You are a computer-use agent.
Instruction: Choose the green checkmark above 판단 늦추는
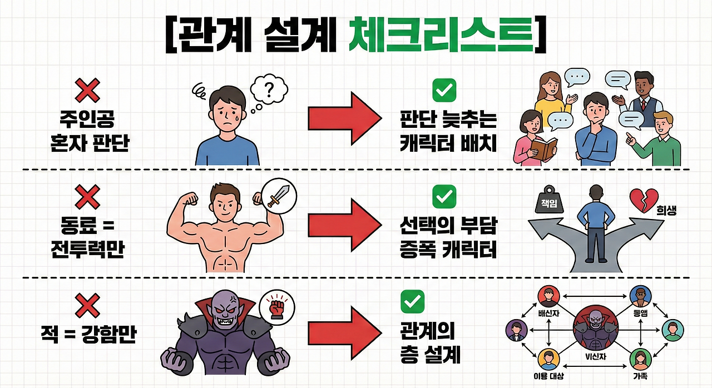click(x=444, y=90)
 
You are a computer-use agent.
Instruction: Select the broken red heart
click(x=643, y=200)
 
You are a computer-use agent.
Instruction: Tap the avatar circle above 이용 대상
click(x=548, y=359)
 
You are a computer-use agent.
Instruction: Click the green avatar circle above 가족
click(x=640, y=359)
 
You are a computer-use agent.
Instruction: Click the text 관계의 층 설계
click(x=430, y=344)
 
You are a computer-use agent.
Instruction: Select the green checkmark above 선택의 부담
click(x=444, y=196)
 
